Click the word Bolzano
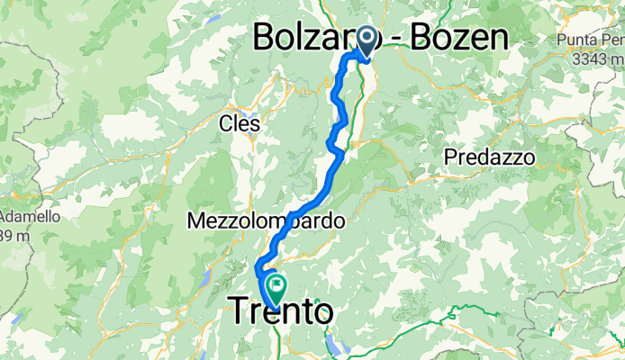tap(306, 37)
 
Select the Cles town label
tap(240, 124)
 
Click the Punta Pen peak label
tap(590, 40)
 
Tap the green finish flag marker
tap(275, 289)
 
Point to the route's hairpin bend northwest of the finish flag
tap(258, 267)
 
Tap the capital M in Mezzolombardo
tap(196, 220)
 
